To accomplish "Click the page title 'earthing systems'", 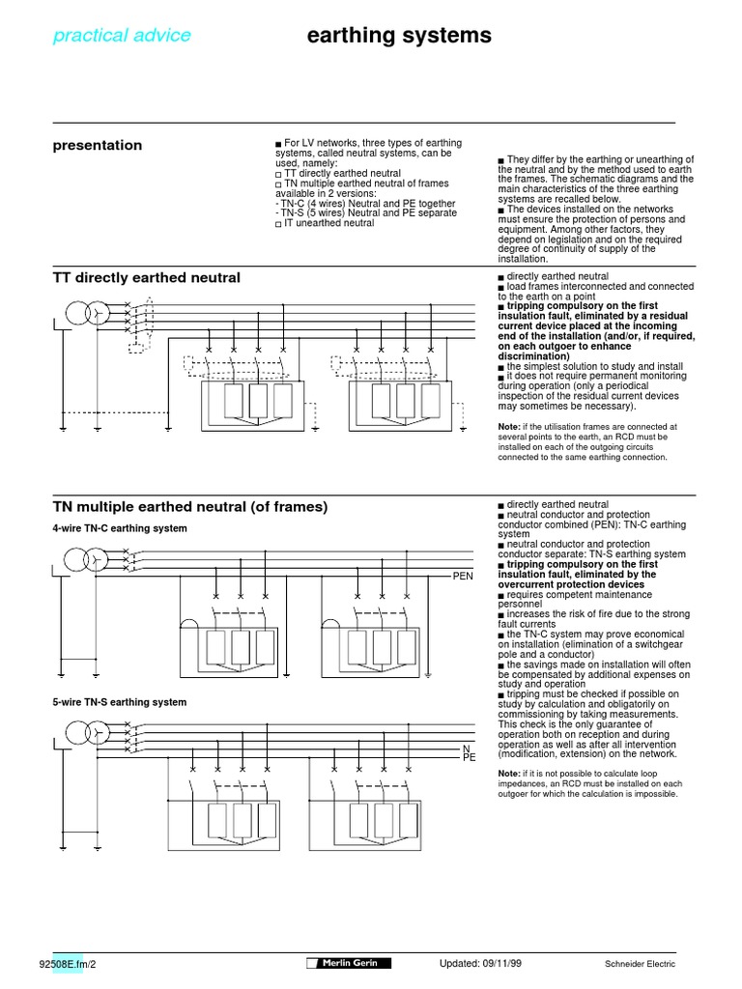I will (398, 36).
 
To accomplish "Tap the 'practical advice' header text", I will (122, 36).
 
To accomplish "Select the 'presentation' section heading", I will (97, 145).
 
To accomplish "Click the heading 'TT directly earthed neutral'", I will (146, 278).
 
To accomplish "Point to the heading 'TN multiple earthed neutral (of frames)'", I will (190, 507).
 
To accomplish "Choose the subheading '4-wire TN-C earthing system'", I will (120, 529).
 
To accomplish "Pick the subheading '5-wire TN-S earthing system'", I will (120, 702).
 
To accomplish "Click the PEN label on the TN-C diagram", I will (465, 576).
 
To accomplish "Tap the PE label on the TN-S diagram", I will (470, 758).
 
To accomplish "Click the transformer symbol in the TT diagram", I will (84, 313).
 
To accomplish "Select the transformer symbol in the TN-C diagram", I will (84, 558).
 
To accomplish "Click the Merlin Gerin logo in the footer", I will (349, 964).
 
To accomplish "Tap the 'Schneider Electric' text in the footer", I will (641, 964).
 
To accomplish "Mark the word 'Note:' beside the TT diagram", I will (509, 426).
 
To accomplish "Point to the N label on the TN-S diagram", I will (466, 749).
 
